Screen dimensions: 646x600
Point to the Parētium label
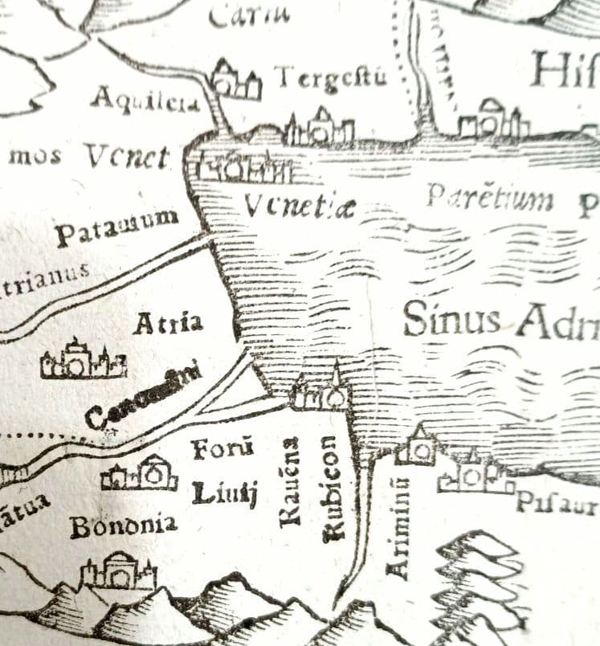(489, 197)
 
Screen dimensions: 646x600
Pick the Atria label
(168, 324)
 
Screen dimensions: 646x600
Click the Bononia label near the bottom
(123, 526)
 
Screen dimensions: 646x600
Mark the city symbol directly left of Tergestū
(236, 81)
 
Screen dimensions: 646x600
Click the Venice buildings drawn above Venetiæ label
(241, 167)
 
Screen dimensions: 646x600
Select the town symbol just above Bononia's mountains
(118, 571)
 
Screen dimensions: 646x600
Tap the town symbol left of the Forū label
(139, 475)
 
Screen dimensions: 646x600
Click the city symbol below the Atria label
(83, 361)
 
